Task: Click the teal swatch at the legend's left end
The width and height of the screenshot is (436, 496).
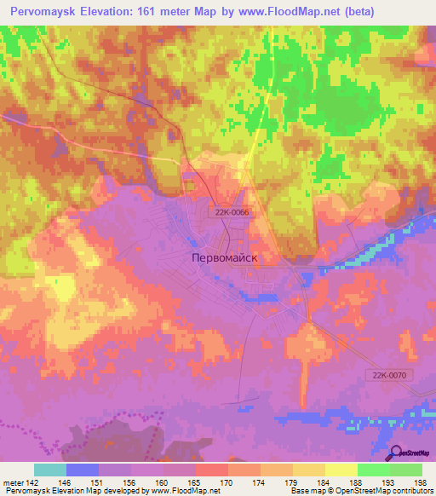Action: pyautogui.click(x=49, y=470)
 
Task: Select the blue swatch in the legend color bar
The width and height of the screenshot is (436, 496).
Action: pyautogui.click(x=82, y=470)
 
